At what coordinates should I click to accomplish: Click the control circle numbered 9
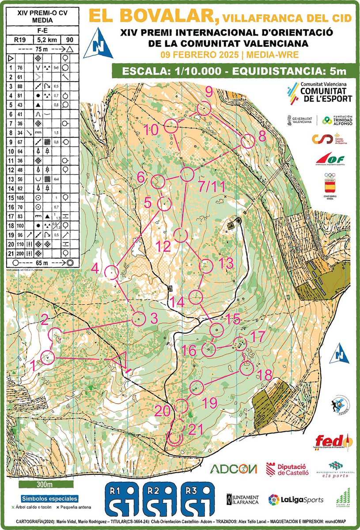click(x=204, y=109)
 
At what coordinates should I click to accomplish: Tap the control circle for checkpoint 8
click(x=248, y=141)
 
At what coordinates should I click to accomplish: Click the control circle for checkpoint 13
click(x=207, y=266)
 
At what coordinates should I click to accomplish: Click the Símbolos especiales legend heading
click(x=43, y=498)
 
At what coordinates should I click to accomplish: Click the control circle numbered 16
click(x=208, y=349)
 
